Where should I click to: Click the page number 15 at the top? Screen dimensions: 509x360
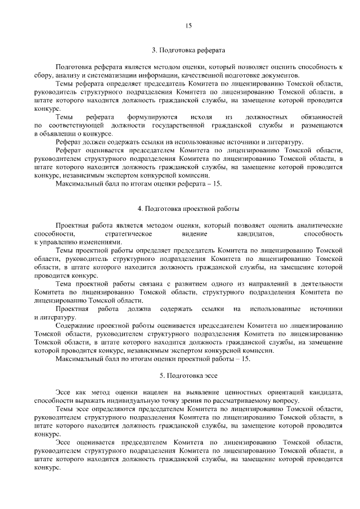point(188,25)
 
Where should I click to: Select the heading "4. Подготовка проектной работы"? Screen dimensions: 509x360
point(188,209)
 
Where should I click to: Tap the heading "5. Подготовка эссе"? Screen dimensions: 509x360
point(188,374)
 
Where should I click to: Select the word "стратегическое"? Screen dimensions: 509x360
point(129,233)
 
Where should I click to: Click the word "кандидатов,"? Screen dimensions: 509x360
point(255,233)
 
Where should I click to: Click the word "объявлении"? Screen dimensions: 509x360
point(58,133)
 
